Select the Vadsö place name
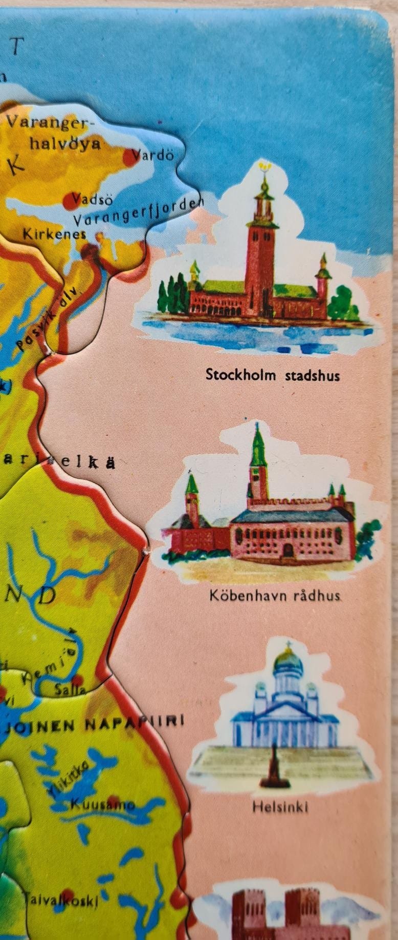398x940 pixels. (93, 199)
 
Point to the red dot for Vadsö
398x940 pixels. (70, 202)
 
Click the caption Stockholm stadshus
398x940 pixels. (272, 375)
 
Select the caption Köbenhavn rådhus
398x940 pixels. (275, 596)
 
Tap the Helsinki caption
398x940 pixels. (280, 807)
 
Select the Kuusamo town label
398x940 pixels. (102, 804)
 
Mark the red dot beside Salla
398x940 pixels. (77, 680)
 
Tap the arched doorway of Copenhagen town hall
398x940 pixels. (288, 550)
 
